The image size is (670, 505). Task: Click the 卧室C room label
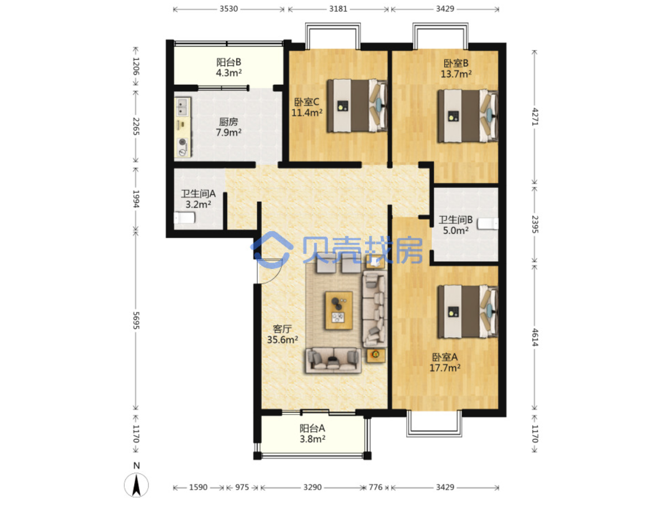[306, 101]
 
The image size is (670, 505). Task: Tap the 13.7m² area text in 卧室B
[456, 74]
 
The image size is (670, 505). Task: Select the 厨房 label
[229, 121]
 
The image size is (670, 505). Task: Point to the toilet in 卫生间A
[184, 218]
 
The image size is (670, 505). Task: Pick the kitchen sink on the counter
[182, 107]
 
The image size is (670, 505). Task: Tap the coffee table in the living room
[338, 310]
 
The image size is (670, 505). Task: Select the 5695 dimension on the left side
[136, 320]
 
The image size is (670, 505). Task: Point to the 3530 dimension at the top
[229, 9]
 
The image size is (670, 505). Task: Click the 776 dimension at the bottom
[375, 487]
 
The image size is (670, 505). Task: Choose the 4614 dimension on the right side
[535, 337]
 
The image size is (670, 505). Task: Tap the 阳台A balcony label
[312, 428]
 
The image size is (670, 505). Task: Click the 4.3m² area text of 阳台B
[229, 73]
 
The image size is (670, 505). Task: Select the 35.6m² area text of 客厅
[282, 339]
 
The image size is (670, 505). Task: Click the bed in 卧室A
[468, 311]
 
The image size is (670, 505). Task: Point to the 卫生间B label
[455, 220]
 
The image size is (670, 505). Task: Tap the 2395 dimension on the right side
[535, 224]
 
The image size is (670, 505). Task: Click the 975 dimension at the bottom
[242, 487]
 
